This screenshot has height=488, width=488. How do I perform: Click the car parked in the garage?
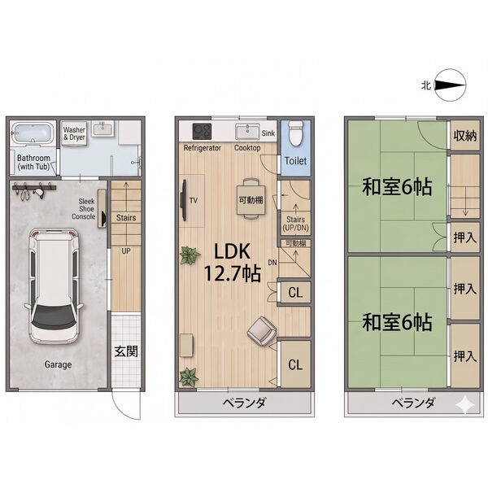coord(54,285)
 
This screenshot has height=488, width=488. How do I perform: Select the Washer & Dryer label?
coord(74,133)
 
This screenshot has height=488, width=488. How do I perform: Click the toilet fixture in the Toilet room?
coord(295,133)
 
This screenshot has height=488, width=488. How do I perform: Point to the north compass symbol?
coord(450,85)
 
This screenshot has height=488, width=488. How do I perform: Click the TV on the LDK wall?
coord(185,200)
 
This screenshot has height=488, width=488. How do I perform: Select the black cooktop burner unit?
coord(202,131)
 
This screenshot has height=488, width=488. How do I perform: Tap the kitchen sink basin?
coord(247,131)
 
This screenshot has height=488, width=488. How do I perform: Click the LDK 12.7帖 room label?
coord(232,263)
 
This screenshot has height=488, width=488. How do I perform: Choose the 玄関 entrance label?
coord(126,351)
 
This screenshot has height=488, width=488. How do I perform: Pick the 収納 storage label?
coord(464,135)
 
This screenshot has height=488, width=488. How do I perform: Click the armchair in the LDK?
coord(262,331)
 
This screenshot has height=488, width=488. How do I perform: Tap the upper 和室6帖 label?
coord(397,187)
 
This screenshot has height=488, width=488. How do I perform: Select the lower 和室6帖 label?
coord(397,322)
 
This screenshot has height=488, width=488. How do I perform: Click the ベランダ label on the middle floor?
coord(244,403)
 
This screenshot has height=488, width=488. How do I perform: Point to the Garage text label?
coord(58,364)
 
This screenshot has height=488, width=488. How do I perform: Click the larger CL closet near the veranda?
coord(295,364)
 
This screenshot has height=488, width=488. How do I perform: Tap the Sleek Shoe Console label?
coord(84,209)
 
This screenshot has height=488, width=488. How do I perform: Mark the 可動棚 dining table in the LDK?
coord(251,200)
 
